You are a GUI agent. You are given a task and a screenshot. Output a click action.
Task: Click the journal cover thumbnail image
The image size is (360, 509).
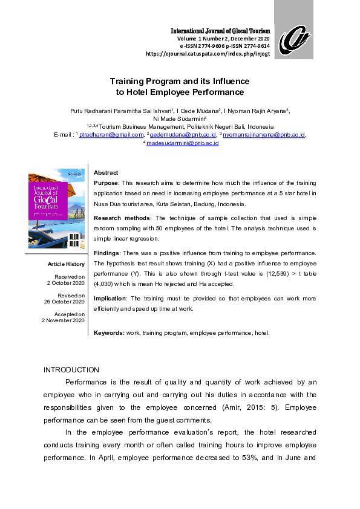[x=56, y=208]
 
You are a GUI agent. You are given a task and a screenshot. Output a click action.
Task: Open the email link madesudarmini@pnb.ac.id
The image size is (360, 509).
[x=182, y=143]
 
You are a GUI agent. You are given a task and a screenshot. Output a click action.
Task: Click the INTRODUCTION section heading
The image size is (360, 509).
[x=71, y=369]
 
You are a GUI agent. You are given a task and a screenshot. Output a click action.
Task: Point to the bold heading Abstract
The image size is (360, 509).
[x=106, y=173]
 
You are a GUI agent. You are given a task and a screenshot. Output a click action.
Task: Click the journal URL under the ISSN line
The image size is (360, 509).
[x=208, y=53]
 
